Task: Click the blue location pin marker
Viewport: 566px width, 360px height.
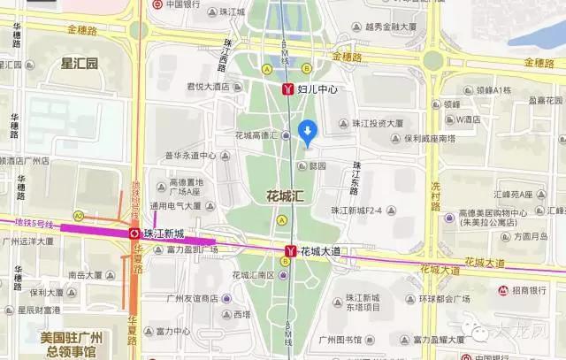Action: click(307, 132)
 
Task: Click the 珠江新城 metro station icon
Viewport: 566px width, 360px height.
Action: click(133, 234)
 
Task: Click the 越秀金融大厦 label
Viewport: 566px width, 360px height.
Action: click(396, 27)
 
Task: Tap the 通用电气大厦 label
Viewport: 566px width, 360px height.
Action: click(179, 207)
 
